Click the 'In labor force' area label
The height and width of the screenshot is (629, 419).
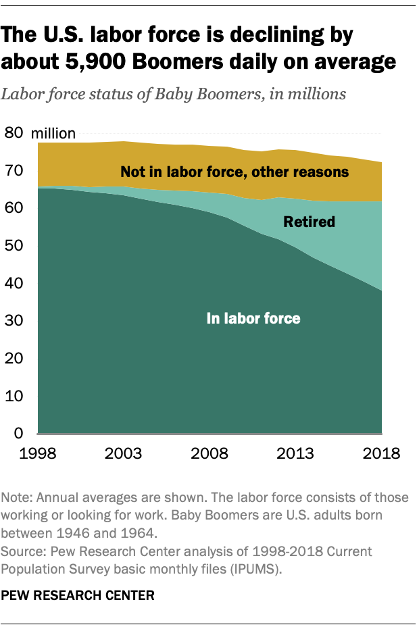(253, 318)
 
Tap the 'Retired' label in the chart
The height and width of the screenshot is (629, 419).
(310, 221)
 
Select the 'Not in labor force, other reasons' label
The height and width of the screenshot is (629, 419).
(235, 172)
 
